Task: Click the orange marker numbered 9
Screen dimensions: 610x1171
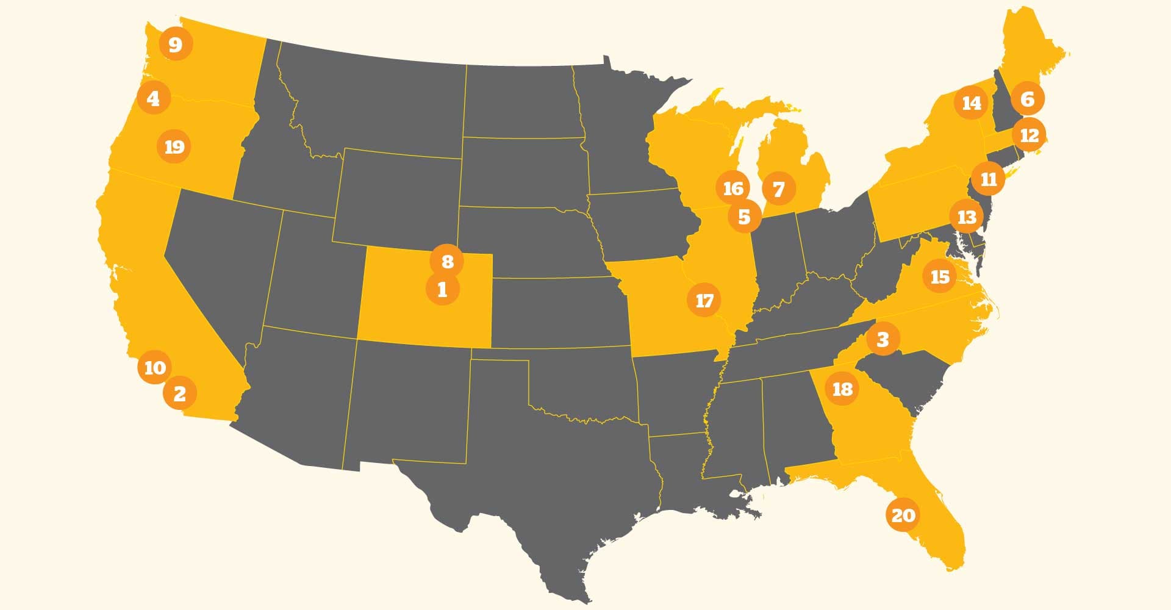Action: pos(175,44)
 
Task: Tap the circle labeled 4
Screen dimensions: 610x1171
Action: pos(153,98)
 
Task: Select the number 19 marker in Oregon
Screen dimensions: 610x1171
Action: pos(174,146)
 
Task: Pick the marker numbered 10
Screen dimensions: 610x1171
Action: pos(155,367)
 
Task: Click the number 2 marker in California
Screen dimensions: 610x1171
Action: pos(179,393)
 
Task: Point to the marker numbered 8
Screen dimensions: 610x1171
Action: pos(447,261)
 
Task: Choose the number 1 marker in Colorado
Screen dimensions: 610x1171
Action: pos(443,289)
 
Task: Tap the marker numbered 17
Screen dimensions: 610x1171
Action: pos(704,300)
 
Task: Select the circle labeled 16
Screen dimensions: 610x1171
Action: pos(733,188)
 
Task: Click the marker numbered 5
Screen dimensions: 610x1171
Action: pos(744,216)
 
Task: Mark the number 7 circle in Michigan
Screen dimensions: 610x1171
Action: pos(778,189)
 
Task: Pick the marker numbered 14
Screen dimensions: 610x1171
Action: pos(972,103)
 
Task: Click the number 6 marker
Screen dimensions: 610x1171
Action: pos(1028,98)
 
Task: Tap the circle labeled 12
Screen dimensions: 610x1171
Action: pos(1030,134)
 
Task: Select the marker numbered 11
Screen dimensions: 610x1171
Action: pos(989,179)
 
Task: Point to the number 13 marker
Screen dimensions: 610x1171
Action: pos(967,217)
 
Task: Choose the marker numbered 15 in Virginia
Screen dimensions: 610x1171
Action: pos(940,276)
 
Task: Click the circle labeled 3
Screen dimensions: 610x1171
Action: pos(883,339)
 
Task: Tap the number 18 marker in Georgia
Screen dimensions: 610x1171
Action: pos(842,389)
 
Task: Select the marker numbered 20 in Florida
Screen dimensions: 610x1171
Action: pos(903,515)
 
